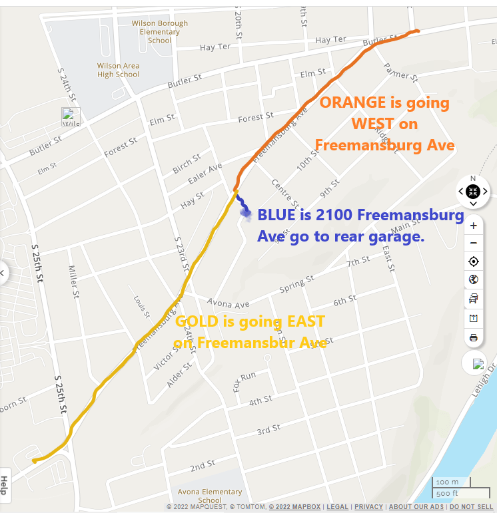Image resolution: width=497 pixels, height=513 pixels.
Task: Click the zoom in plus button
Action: (473, 226)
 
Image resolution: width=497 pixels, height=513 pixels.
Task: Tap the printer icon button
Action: (473, 338)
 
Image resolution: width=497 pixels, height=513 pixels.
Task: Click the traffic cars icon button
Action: (473, 299)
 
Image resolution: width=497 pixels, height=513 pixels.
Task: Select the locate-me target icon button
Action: (473, 261)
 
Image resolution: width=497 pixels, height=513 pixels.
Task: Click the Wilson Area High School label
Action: (118, 70)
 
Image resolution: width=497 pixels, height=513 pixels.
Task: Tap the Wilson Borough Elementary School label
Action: (160, 31)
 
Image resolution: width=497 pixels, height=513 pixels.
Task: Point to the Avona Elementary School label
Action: (210, 496)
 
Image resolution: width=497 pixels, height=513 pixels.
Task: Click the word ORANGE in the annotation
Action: (352, 103)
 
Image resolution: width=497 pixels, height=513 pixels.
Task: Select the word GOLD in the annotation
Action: (197, 322)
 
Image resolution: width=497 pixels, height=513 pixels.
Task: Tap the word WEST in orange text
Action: (374, 124)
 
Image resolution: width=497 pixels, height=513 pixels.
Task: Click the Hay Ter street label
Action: (215, 47)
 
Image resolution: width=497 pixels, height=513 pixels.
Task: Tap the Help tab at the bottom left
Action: (5, 485)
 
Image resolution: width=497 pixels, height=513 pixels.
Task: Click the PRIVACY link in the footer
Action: (368, 507)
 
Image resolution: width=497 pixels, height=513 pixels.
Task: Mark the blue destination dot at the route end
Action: (245, 213)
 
